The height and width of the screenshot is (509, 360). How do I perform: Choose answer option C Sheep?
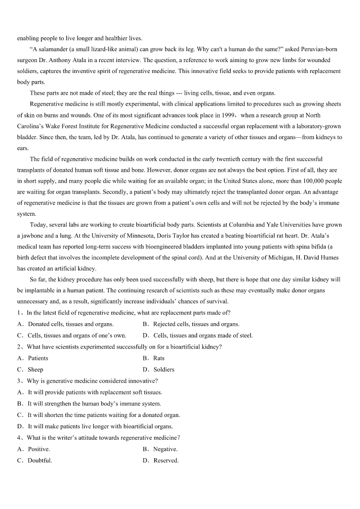(35, 369)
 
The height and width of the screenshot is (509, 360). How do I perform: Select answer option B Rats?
(159, 358)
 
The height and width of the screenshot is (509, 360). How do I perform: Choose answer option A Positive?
(39, 449)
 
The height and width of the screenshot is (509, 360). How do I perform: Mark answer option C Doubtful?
(39, 461)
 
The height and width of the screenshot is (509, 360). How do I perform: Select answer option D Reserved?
(165, 461)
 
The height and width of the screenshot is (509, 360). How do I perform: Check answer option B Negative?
(165, 449)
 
